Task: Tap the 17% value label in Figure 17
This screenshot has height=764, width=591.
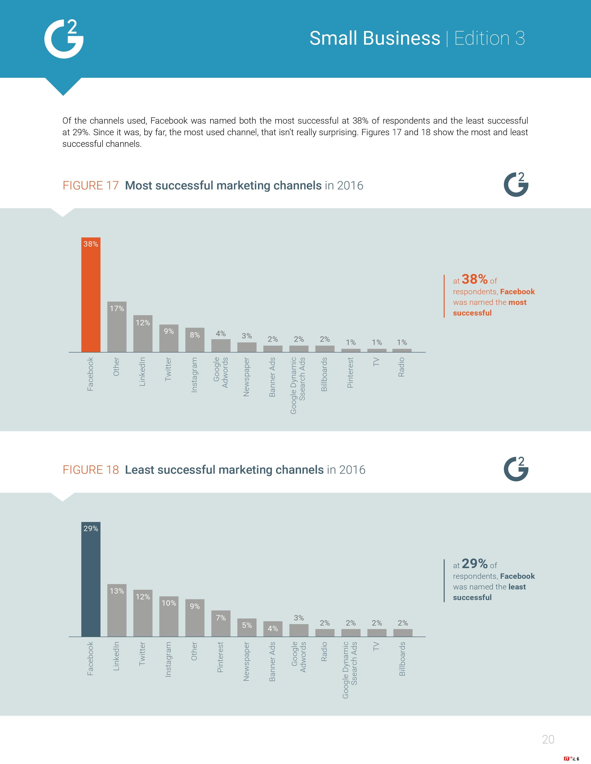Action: point(117,309)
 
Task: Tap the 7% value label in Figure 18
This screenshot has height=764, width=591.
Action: point(221,618)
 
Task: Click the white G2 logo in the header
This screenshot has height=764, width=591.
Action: point(64,39)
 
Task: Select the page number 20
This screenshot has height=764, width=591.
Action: point(548,739)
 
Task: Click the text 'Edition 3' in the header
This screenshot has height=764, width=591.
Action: point(489,38)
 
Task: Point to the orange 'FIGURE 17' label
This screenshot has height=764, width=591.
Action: point(91,185)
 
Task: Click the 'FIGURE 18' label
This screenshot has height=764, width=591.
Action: point(91,470)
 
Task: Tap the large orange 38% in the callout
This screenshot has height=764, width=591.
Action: point(474,279)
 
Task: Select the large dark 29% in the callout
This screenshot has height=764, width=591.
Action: point(474,564)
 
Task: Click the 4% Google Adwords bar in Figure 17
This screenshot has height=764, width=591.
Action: point(221,346)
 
